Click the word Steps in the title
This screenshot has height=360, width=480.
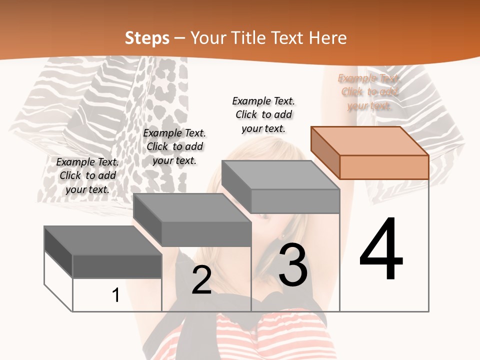coord(147,38)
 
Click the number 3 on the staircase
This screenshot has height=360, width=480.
coord(293,265)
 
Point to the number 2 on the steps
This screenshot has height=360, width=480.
coord(201,280)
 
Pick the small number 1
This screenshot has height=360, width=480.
coord(116,295)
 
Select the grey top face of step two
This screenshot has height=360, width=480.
coord(192,207)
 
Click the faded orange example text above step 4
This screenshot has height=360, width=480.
coord(369,92)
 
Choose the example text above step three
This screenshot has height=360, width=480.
coord(263,114)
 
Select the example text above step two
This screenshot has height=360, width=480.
coord(174,146)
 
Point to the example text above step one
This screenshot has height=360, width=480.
coord(87,175)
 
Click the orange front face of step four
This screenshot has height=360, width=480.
coord(384,167)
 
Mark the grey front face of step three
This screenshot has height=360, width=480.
coord(295,201)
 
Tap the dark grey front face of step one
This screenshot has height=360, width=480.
coord(117,266)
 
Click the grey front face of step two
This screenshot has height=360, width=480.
coord(206,234)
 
